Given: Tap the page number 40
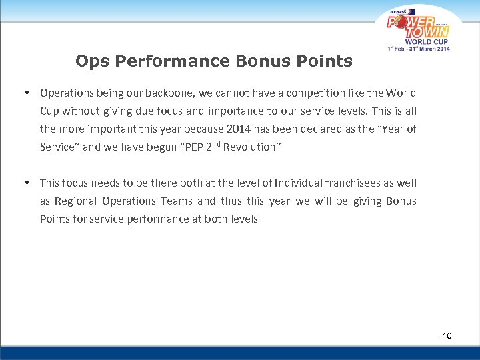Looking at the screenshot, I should pyautogui.click(x=446, y=335).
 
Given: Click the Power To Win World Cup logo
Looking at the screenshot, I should pyautogui.click(x=419, y=28).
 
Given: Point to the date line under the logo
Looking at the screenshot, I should pyautogui.click(x=419, y=49).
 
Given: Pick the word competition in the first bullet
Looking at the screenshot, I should pyautogui.click(x=329, y=93).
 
